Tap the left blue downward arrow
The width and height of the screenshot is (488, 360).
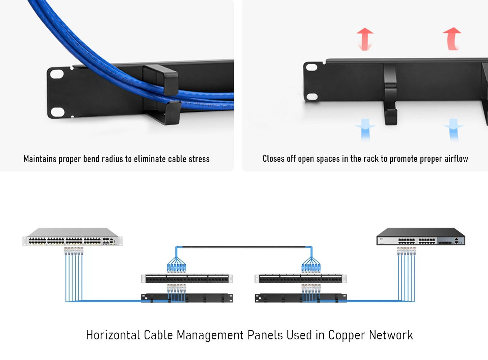(365, 129)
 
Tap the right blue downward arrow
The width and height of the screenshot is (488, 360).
(454, 129)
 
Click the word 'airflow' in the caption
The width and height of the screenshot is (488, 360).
(456, 159)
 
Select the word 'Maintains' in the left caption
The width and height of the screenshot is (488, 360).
(40, 159)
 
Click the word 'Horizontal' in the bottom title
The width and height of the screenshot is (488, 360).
(113, 335)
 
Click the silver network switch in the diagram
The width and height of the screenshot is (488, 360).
(72, 237)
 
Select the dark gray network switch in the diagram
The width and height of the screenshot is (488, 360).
(421, 237)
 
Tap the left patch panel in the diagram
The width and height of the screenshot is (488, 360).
(187, 279)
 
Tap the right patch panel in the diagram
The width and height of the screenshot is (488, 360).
(301, 279)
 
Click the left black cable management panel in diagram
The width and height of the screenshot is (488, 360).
(187, 298)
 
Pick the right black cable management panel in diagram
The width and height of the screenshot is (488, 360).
(301, 298)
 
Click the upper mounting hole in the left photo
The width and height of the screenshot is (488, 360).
(56, 73)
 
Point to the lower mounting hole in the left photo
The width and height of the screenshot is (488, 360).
(57, 112)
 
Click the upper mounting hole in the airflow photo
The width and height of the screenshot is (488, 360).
(311, 67)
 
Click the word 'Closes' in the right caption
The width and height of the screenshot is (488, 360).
(274, 159)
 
